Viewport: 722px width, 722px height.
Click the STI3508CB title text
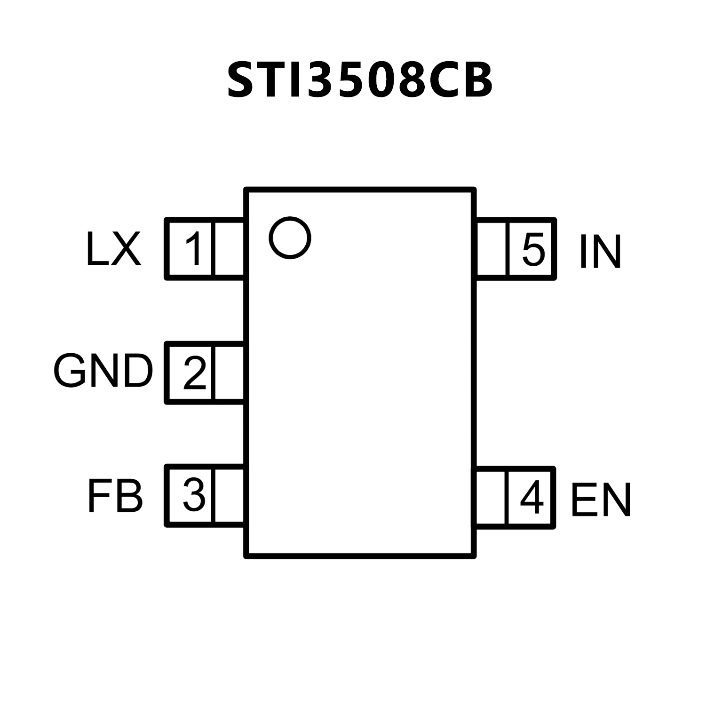360,80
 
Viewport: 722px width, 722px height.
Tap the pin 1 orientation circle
290,238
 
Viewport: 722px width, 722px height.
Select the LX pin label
113,249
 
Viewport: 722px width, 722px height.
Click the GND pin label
103,371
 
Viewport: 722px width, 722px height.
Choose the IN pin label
600,252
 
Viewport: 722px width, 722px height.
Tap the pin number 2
194,373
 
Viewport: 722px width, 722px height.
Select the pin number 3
194,495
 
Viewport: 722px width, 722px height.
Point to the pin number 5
533,249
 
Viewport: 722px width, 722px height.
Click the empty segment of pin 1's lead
229,249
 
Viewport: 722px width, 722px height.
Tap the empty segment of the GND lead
229,373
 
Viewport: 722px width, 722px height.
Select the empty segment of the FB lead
229,495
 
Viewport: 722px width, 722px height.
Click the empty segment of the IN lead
492,249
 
